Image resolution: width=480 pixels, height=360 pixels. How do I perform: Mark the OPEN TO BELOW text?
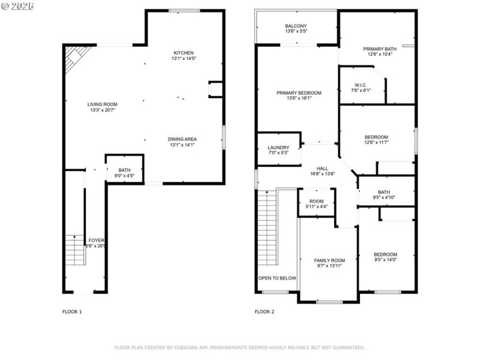pos(277,278)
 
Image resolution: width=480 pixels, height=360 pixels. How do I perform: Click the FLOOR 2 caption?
pos(264,312)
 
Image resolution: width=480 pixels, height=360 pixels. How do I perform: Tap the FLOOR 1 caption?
pos(72,312)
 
